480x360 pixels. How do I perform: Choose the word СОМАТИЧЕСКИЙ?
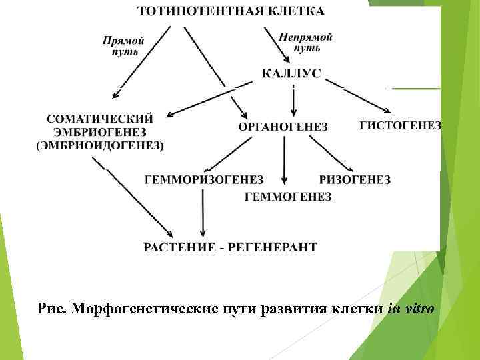tap(100, 119)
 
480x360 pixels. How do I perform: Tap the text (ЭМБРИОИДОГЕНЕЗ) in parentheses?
tap(100, 144)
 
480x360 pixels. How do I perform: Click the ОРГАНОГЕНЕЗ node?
tap(283, 127)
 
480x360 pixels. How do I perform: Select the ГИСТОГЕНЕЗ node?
tap(400, 125)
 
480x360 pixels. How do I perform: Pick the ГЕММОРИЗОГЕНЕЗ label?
tap(204, 180)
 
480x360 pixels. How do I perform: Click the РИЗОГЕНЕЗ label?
tap(355, 180)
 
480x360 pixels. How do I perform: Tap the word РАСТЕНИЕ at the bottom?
tap(179, 247)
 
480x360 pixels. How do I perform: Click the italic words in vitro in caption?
tap(411, 308)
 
